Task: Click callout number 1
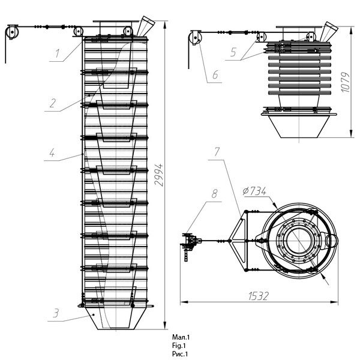tap(57, 53)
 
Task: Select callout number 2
tap(53, 103)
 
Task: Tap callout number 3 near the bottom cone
tap(56, 313)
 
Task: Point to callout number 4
tap(52, 152)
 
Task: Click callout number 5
tap(233, 52)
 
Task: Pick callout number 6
tap(215, 74)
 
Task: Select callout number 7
tap(217, 152)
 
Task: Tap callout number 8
tap(214, 194)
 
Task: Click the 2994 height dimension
tap(158, 175)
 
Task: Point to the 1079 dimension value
tap(346, 82)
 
